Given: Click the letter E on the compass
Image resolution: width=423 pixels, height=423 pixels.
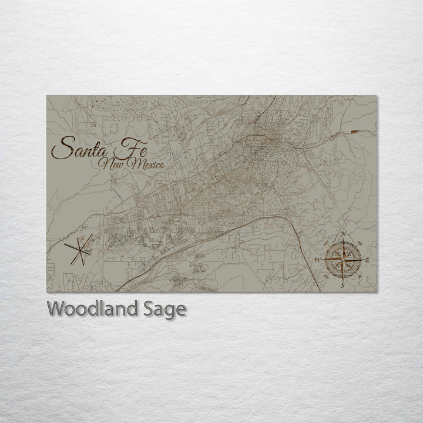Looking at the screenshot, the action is tap(368, 259).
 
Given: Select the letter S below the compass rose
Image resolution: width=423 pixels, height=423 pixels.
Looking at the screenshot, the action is tap(343, 285).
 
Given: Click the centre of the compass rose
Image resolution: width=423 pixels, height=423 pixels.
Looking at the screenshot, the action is tap(343, 259).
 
